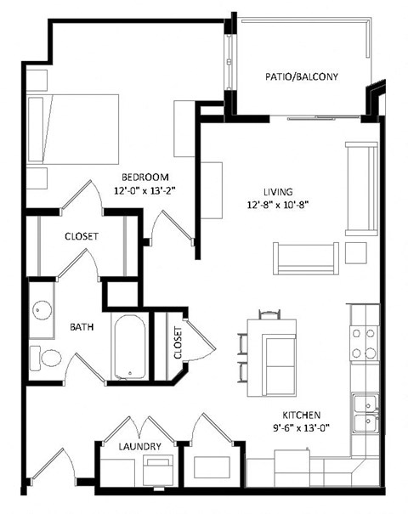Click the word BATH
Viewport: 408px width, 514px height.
tap(82, 326)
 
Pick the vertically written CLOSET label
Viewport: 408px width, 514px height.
tap(179, 342)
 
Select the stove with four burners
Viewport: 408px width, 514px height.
tap(365, 342)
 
